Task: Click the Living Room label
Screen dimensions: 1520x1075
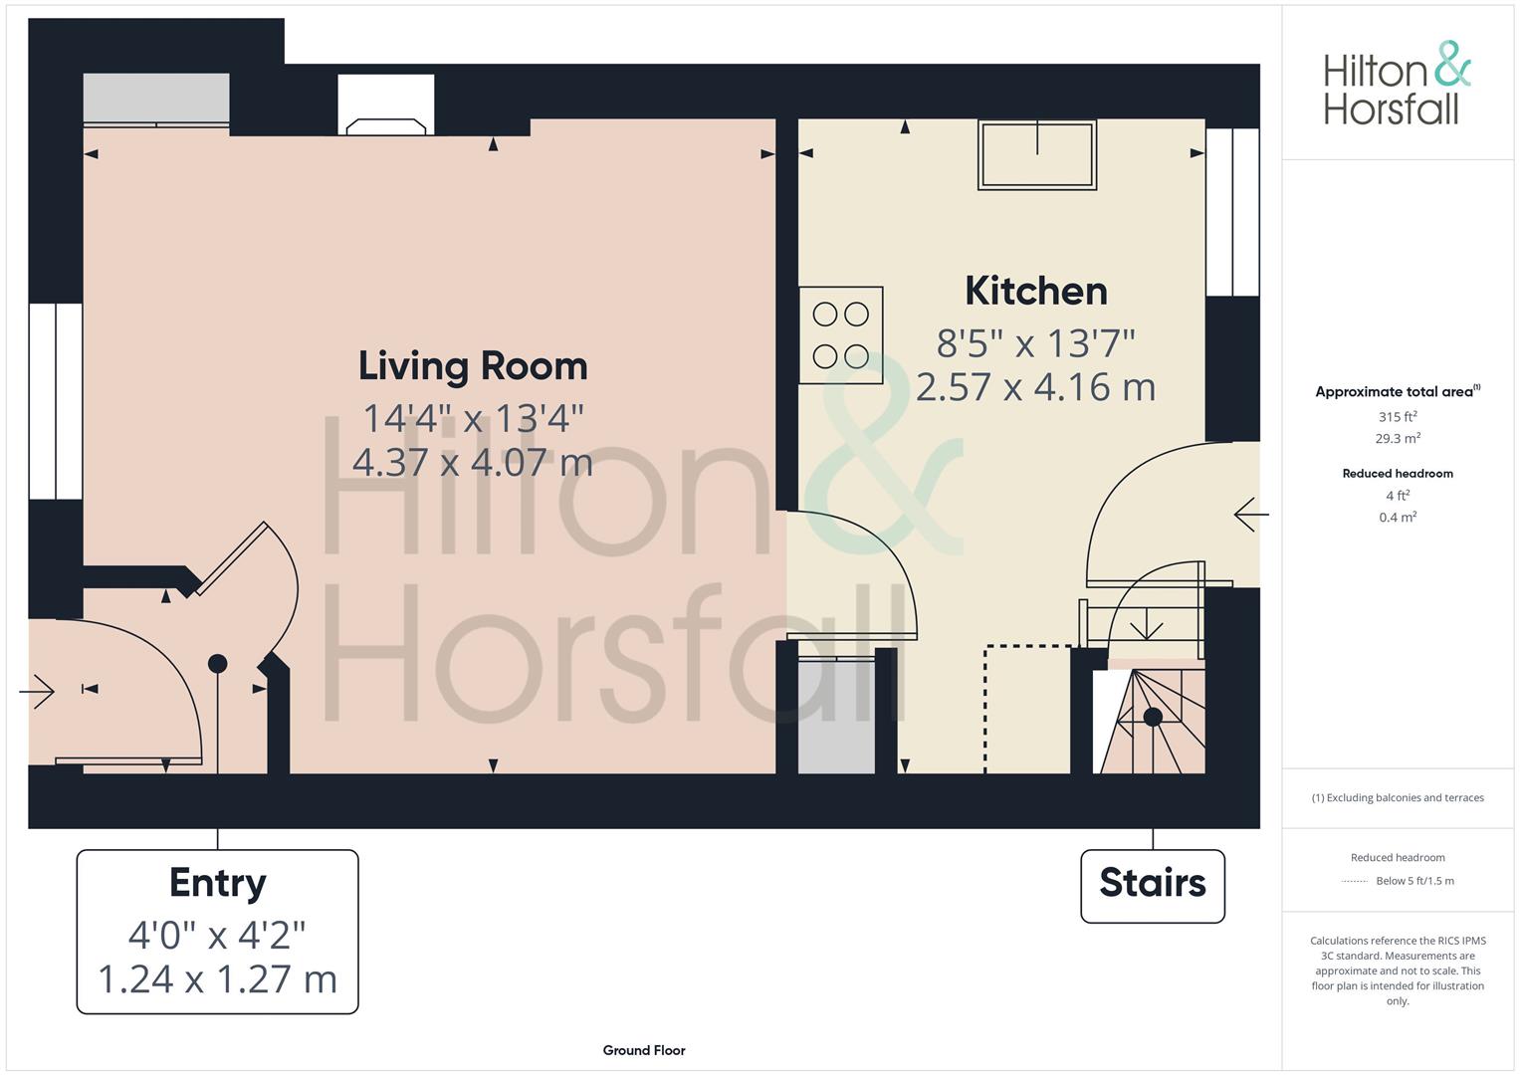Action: click(x=472, y=366)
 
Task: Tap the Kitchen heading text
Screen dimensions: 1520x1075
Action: click(x=1036, y=291)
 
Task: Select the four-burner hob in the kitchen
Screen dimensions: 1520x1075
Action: click(x=841, y=335)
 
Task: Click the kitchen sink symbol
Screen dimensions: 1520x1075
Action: click(x=1037, y=154)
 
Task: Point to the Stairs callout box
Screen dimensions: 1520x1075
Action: click(x=1153, y=886)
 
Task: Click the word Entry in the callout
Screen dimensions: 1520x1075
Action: click(x=217, y=883)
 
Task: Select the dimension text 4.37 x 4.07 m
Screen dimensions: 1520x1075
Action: click(x=472, y=463)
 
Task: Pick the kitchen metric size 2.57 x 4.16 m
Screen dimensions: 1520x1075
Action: click(x=1035, y=387)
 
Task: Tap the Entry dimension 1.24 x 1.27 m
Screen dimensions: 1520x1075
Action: click(x=217, y=979)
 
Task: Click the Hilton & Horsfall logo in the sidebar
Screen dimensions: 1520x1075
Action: click(x=1398, y=84)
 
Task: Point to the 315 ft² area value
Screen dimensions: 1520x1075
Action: click(x=1398, y=417)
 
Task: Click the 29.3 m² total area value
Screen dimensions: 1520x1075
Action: click(x=1398, y=438)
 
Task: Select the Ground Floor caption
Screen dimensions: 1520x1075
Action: click(x=644, y=1050)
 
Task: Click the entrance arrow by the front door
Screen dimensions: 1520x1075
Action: click(x=37, y=692)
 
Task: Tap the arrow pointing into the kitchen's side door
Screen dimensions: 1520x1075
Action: click(x=1250, y=515)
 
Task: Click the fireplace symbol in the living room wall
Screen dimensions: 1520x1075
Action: click(x=386, y=105)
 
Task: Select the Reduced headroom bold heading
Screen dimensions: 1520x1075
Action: click(x=1398, y=474)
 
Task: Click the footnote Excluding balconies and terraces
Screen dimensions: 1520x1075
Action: click(x=1398, y=797)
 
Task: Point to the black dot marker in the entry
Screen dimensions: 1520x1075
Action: click(x=217, y=664)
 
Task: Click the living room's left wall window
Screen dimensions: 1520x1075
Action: click(x=56, y=401)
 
